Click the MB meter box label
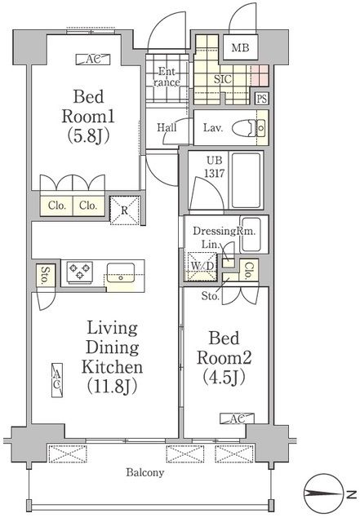click(x=240, y=48)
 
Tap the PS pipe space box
click(x=262, y=99)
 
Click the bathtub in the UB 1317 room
click(x=246, y=180)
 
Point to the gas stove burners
click(x=80, y=271)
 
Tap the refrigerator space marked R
click(x=124, y=210)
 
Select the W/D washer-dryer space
click(x=202, y=267)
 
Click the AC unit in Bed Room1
click(x=93, y=60)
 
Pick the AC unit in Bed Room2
click(x=237, y=418)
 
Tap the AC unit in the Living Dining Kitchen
click(x=57, y=379)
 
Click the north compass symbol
click(x=324, y=494)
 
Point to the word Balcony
click(x=145, y=472)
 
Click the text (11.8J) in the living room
click(x=113, y=386)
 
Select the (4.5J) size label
click(x=224, y=377)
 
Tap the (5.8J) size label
click(x=88, y=136)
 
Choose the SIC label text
click(x=223, y=79)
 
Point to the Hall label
click(x=167, y=127)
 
